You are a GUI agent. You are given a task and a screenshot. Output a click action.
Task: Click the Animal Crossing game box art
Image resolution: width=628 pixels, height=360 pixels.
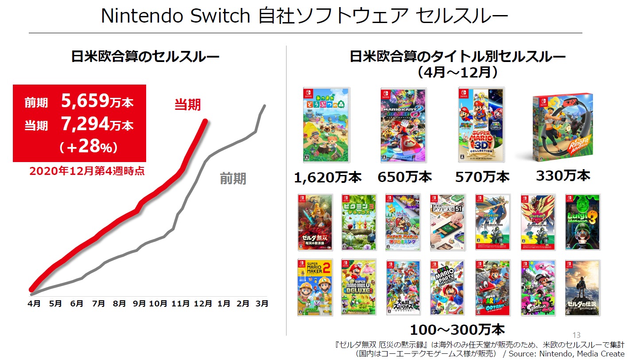pyautogui.click(x=326, y=125)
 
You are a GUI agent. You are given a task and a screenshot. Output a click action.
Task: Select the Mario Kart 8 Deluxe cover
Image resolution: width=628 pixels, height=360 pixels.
pyautogui.click(x=403, y=125)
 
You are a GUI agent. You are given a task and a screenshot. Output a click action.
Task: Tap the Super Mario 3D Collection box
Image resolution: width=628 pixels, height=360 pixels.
pyautogui.click(x=481, y=125)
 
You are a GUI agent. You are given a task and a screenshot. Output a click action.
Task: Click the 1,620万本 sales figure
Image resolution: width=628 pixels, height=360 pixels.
pyautogui.click(x=328, y=177)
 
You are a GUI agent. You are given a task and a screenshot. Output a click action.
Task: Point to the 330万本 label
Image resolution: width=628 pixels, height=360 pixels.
pyautogui.click(x=563, y=175)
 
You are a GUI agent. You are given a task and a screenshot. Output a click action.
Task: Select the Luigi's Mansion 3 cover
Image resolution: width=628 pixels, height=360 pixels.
pyautogui.click(x=582, y=222)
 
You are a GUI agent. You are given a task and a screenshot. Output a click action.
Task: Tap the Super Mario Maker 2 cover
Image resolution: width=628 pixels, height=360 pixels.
pyautogui.click(x=315, y=287)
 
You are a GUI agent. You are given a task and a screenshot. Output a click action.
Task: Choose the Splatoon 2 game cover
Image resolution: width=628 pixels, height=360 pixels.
pyautogui.click(x=538, y=288)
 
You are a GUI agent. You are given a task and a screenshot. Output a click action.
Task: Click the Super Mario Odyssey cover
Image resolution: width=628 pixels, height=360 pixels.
pyautogui.click(x=492, y=288)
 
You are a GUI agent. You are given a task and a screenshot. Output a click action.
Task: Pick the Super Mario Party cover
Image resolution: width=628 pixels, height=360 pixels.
pyautogui.click(x=447, y=288)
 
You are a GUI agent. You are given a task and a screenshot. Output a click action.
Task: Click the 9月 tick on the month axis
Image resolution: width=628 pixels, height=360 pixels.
pyautogui.click(x=139, y=303)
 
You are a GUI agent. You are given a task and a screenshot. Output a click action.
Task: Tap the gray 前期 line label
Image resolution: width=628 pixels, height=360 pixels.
pyautogui.click(x=233, y=179)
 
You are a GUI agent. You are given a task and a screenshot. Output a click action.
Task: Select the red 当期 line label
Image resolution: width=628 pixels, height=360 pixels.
pyautogui.click(x=187, y=105)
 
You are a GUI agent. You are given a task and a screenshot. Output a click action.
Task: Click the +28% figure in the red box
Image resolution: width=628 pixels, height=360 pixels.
pyautogui.click(x=89, y=147)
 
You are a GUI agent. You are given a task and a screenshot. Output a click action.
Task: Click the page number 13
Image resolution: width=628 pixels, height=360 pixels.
pyautogui.click(x=576, y=335)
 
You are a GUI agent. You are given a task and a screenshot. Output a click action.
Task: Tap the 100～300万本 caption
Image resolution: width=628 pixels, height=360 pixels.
pyautogui.click(x=457, y=330)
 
